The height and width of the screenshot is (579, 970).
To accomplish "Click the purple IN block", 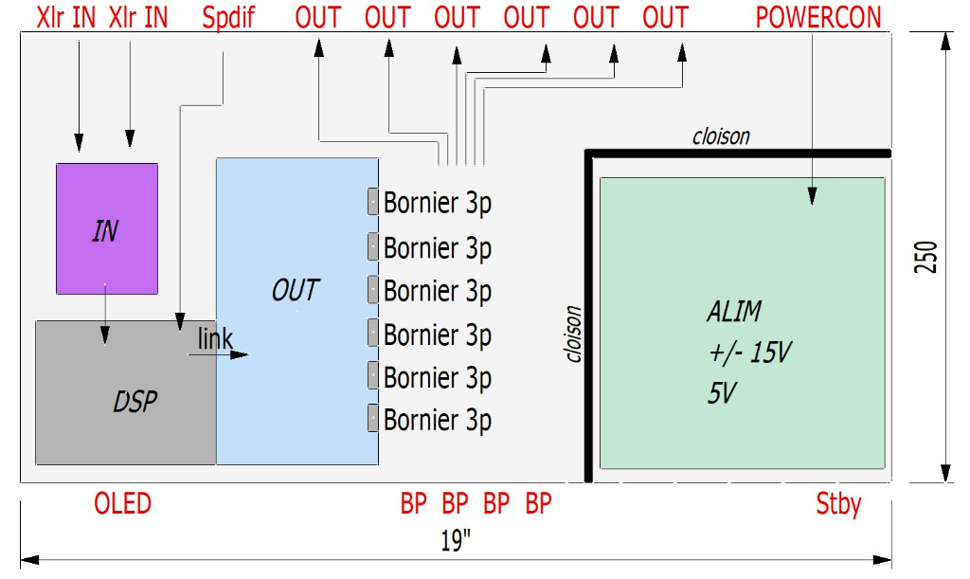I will (x=106, y=228).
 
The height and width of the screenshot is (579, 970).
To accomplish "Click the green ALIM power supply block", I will (x=742, y=322).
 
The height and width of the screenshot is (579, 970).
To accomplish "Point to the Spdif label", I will (x=228, y=17).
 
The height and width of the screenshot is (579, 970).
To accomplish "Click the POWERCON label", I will (x=818, y=17).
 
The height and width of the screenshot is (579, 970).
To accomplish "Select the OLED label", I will (x=122, y=503).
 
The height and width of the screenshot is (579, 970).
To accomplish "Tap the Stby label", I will (x=838, y=503).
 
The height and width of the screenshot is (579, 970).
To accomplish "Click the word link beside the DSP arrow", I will (x=215, y=339).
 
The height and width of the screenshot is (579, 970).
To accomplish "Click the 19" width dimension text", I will (x=456, y=541).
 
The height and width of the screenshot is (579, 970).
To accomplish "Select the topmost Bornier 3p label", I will (x=438, y=203).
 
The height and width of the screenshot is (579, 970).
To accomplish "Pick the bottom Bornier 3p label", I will (x=438, y=420).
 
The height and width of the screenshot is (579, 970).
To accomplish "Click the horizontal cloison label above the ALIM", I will (x=721, y=136).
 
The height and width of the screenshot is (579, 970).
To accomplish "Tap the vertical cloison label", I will (x=572, y=334).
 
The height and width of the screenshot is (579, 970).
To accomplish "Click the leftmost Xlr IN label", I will (x=65, y=17).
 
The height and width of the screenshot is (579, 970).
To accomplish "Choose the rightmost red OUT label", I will (x=665, y=17).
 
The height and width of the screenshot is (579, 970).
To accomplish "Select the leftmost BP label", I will (x=414, y=503).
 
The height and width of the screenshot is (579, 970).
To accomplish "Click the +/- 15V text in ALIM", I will (x=749, y=353).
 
